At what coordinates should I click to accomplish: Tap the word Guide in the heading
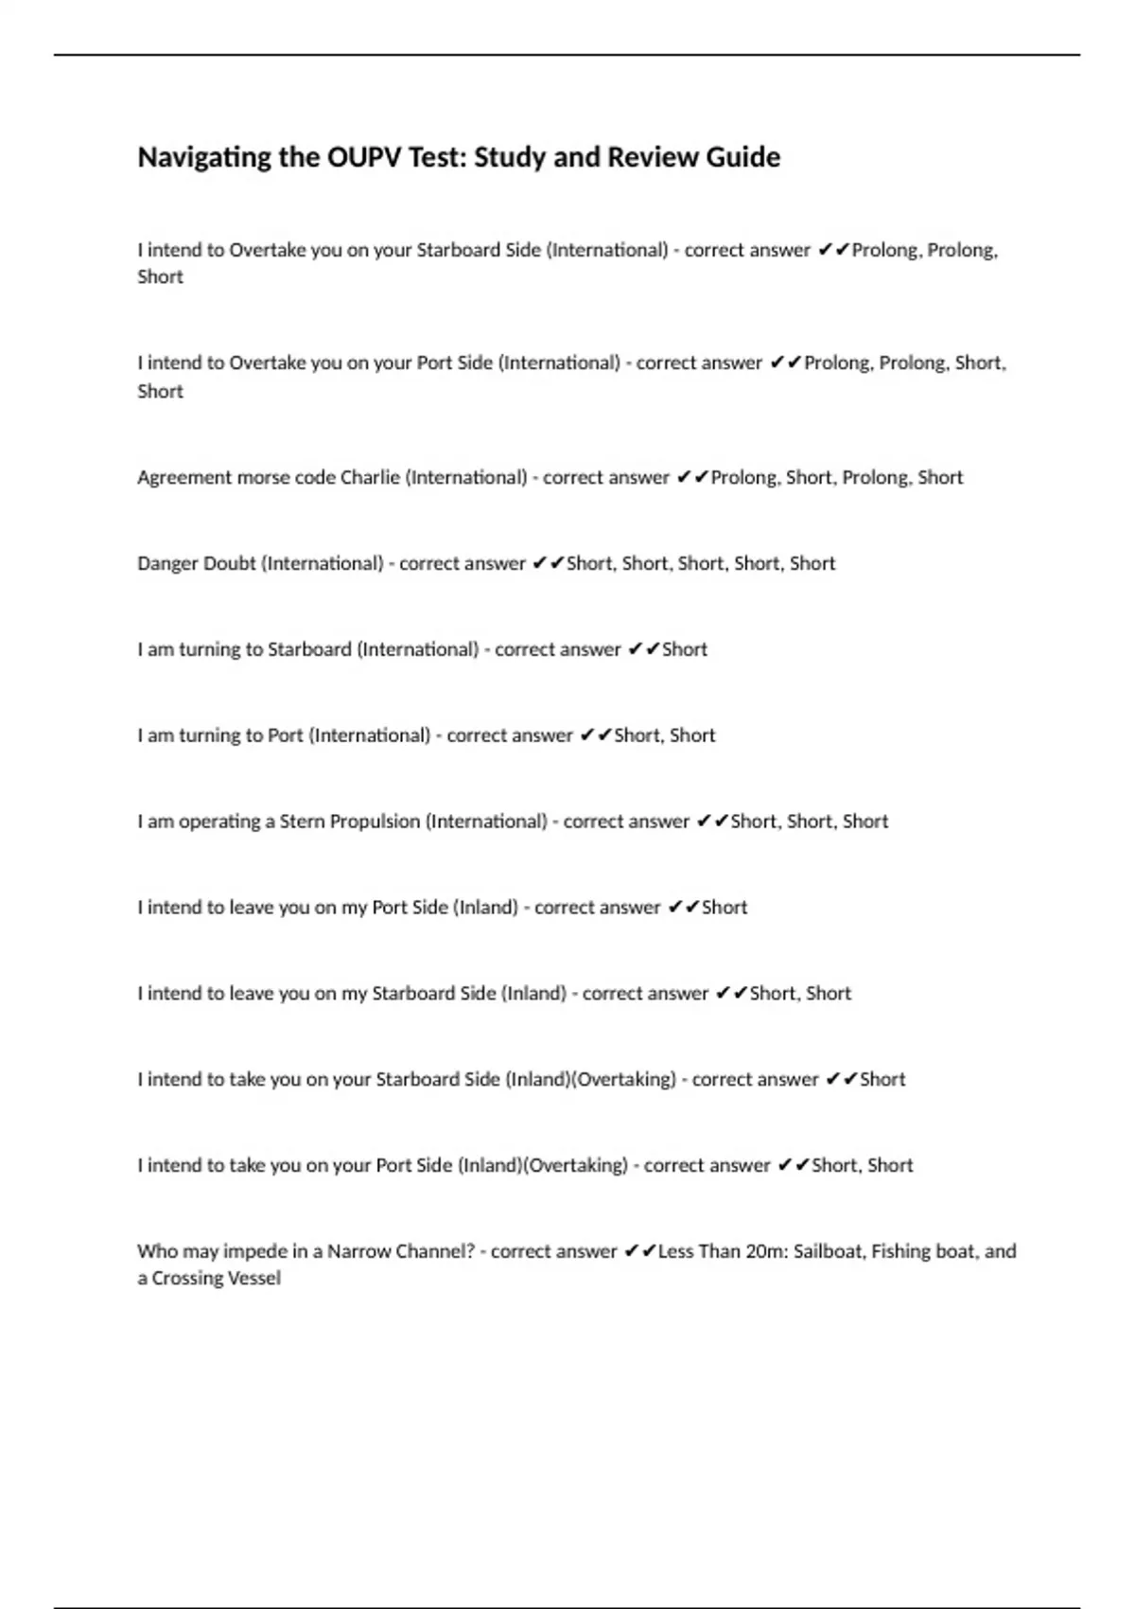point(742,157)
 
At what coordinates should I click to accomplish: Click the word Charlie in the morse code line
point(370,477)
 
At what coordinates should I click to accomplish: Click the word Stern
point(302,822)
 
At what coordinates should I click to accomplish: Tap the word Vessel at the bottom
point(254,1279)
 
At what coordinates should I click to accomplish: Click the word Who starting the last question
point(157,1251)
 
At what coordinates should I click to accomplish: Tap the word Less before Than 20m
point(676,1251)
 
